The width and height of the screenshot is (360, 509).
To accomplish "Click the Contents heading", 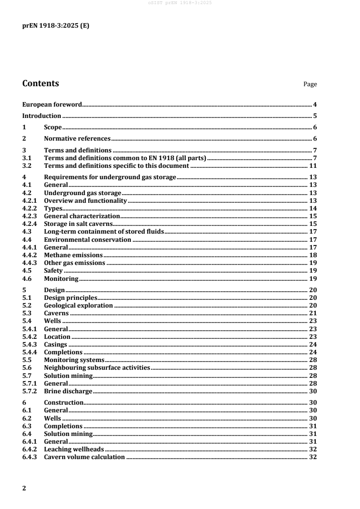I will point(40,83).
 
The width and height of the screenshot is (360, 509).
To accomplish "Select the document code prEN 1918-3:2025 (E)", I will point(56,26).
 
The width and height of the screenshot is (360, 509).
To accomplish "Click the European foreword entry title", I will point(52,104).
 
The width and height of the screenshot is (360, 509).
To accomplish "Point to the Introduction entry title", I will point(42,116).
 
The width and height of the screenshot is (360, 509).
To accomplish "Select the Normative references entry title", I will point(77,138).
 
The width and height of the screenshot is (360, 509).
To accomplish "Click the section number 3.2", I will point(27,166).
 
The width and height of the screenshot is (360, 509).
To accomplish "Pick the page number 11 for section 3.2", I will point(313,166).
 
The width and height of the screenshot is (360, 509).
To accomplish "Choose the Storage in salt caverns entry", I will point(78,224).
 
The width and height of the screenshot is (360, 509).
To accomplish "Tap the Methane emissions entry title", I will point(73,255).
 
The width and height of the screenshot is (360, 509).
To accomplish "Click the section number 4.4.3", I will point(30,263).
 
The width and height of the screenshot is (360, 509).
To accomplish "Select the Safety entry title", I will point(53,270).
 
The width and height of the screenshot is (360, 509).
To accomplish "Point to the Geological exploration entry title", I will point(78,305).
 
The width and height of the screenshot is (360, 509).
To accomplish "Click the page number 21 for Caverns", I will point(313,313).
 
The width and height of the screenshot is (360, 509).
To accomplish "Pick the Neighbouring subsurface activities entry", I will point(97,367).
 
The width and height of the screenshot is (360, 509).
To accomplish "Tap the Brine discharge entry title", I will point(68,391).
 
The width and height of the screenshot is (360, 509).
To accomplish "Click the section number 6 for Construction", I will point(24,402).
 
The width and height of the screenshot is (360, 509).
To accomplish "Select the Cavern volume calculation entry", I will point(84,457).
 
